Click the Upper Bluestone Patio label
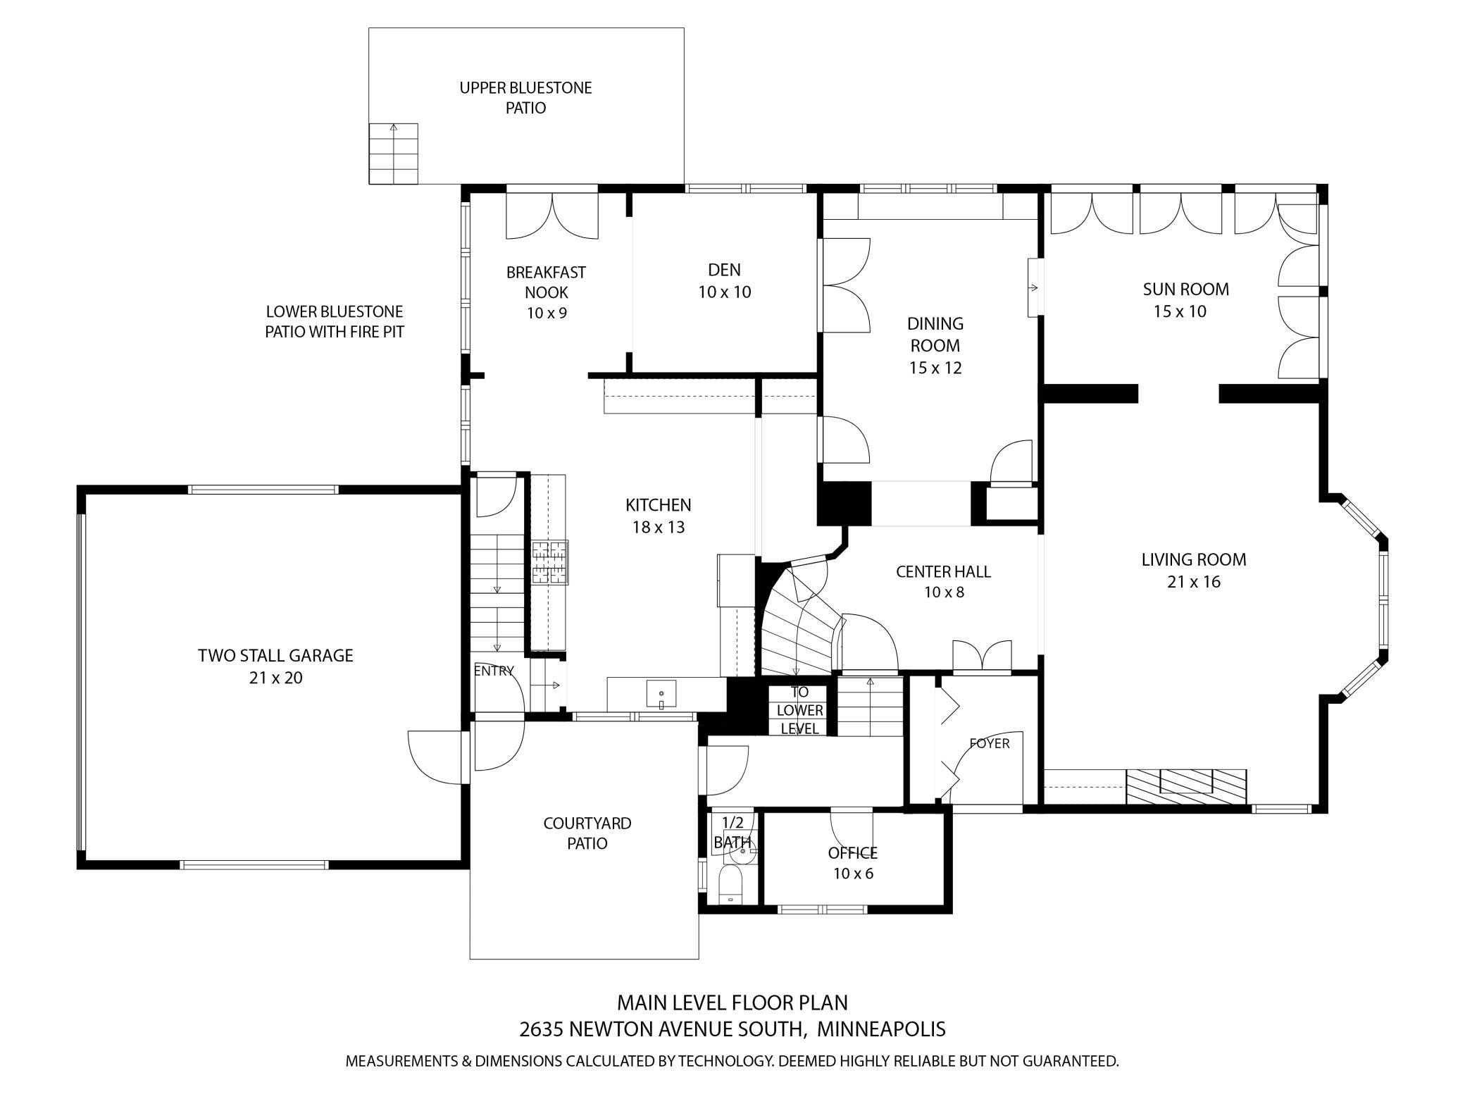(525, 98)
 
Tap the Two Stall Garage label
(275, 666)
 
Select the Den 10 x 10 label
(725, 280)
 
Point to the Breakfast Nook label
(546, 292)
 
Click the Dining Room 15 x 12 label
(935, 345)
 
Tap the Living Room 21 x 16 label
(1194, 570)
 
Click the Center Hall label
(943, 581)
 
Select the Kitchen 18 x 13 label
(659, 516)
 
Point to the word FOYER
(990, 743)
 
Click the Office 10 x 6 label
(853, 863)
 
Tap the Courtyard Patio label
(587, 833)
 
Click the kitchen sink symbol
(661, 695)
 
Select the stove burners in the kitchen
(549, 562)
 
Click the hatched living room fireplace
(1186, 786)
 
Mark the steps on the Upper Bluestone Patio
(394, 154)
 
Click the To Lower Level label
(799, 710)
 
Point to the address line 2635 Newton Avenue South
(732, 1029)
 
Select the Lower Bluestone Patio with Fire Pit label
(335, 321)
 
